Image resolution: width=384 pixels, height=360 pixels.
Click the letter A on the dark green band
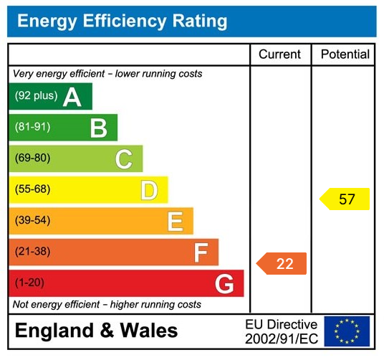pyautogui.click(x=72, y=97)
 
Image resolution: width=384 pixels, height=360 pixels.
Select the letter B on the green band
pyautogui.click(x=98, y=128)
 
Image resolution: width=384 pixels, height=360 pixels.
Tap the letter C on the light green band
pyautogui.click(x=124, y=159)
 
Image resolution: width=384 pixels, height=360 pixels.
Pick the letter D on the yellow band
pyautogui.click(x=149, y=191)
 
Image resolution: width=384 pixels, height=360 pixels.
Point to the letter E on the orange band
pyautogui.click(x=175, y=222)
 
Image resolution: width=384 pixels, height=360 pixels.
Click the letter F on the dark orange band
pyautogui.click(x=201, y=252)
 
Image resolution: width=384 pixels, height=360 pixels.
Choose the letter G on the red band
pyautogui.click(x=224, y=284)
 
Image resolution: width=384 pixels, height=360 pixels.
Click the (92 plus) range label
pyautogui.click(x=36, y=96)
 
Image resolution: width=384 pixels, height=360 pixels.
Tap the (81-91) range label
pyautogui.click(x=33, y=127)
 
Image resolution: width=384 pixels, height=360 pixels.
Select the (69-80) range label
pyautogui.click(x=33, y=158)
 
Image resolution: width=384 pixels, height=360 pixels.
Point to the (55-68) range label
pyautogui.click(x=33, y=190)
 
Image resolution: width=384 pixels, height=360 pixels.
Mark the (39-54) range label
pyautogui.click(x=33, y=221)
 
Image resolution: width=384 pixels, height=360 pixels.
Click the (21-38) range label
pyautogui.click(x=33, y=252)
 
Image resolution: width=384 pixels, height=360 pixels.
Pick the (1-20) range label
pyautogui.click(x=30, y=283)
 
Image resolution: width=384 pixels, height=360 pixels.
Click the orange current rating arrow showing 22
pyautogui.click(x=282, y=264)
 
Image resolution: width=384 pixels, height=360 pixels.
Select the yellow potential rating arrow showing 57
pyautogui.click(x=345, y=199)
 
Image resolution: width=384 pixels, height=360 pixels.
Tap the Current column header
pyautogui.click(x=279, y=55)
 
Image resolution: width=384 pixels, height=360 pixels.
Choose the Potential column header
pyautogui.click(x=345, y=55)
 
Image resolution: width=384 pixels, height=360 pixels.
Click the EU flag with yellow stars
pyautogui.click(x=347, y=331)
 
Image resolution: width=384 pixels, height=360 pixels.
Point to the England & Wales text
pyautogui.click(x=97, y=331)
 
